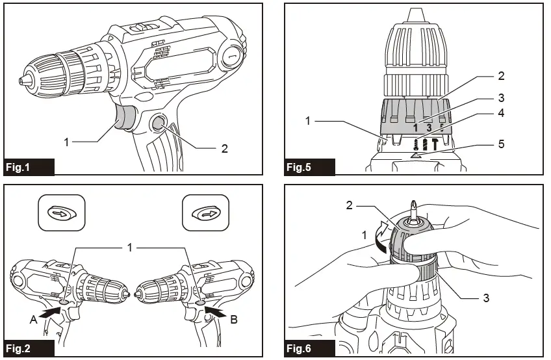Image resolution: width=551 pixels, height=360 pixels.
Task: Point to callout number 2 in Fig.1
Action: point(224,148)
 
